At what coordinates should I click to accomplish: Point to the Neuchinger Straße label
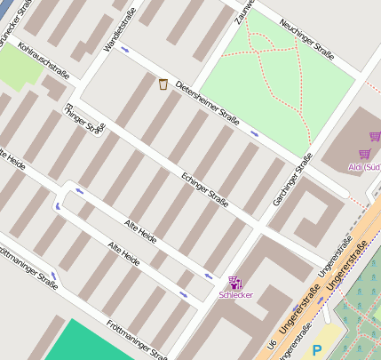306,40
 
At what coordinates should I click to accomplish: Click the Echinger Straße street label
205,189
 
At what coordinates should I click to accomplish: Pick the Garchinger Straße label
292,183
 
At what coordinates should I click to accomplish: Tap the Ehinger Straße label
85,119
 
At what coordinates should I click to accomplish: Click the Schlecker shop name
235,294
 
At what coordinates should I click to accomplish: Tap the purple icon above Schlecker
234,281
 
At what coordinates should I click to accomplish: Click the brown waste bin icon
163,84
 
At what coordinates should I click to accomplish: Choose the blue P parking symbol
317,351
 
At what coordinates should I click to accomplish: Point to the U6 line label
271,341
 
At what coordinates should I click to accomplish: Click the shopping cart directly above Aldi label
363,154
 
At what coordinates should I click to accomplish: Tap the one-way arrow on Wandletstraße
124,49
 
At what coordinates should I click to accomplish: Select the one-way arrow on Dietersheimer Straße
254,134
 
